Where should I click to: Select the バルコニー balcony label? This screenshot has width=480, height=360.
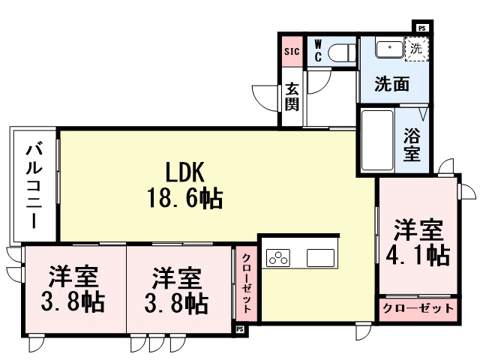[34, 183]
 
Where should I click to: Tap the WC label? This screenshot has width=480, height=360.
[317, 51]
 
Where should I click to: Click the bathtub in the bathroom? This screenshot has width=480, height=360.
[377, 141]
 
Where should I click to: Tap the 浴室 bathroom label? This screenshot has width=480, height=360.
[412, 145]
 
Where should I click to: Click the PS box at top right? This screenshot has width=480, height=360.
[422, 28]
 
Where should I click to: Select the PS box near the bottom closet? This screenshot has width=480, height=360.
[240, 328]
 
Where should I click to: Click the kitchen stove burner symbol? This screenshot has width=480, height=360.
[279, 257]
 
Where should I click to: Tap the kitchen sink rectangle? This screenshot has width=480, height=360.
[323, 256]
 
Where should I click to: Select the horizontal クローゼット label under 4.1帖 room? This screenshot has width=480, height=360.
[417, 308]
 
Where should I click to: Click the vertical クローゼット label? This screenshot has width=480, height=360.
[246, 283]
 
